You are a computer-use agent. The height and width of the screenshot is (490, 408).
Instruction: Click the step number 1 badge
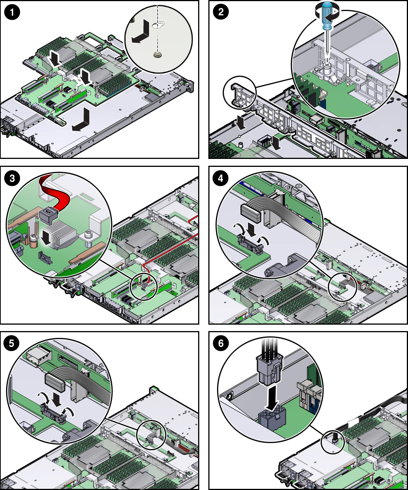[x=12, y=12]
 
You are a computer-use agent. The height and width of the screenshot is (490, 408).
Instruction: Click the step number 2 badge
[x=221, y=12]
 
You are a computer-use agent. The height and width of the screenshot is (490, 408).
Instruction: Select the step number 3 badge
[x=12, y=178]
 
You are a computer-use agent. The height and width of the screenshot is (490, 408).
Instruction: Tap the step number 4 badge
[x=221, y=178]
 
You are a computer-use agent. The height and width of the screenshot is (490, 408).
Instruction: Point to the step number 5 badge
[x=12, y=343]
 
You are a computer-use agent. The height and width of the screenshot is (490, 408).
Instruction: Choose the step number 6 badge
[x=221, y=343]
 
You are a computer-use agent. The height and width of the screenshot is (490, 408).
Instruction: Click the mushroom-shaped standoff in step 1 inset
[x=158, y=55]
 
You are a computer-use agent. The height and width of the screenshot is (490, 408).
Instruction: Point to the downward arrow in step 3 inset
[x=46, y=238]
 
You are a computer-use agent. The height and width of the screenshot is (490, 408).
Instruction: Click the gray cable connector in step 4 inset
[x=250, y=212]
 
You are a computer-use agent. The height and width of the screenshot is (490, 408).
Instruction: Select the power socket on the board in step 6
[x=271, y=420]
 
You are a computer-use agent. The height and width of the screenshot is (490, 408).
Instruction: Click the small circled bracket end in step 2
[x=240, y=91]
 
